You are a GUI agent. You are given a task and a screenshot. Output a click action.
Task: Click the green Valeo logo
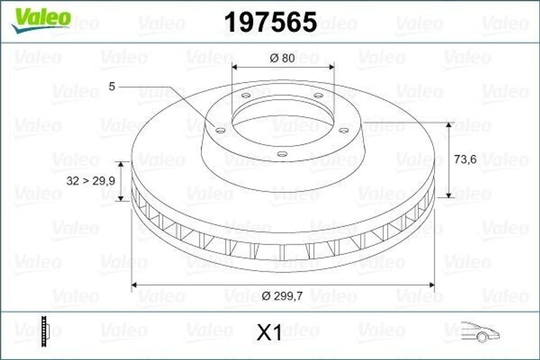tap(41, 18)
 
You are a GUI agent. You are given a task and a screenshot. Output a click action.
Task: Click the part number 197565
tap(270, 22)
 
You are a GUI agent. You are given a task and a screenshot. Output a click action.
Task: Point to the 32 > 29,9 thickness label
tap(88, 181)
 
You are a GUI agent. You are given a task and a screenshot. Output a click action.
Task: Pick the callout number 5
tap(111, 86)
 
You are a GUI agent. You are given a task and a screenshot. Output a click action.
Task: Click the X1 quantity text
tap(269, 333)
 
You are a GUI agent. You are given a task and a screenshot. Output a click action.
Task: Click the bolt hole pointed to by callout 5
tap(221, 130)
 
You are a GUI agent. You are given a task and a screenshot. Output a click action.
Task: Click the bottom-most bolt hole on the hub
tap(282, 154)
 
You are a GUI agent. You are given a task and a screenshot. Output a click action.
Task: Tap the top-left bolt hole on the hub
tap(246, 95)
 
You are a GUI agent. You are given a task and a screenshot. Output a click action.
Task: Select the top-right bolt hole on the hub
tap(318, 95)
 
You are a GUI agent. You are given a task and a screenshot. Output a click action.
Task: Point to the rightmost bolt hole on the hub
tap(343, 130)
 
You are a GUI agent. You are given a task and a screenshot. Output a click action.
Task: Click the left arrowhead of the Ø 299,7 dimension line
tap(134, 285)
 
